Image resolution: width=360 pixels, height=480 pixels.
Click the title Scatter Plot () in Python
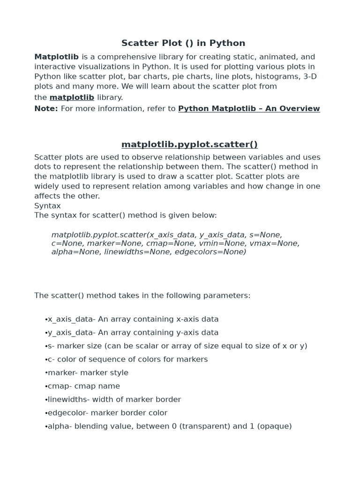[183, 43]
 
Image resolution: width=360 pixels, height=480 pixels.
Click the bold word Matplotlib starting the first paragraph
[56, 57]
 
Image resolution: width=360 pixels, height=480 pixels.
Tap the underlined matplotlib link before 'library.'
[72, 97]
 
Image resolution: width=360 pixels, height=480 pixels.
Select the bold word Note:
[46, 109]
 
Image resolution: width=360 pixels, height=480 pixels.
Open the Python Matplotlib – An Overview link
[249, 109]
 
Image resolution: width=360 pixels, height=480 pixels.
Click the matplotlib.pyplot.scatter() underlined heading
[189, 144]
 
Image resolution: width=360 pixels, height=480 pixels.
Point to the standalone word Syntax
[47, 206]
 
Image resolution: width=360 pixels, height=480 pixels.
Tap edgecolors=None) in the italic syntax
[210, 252]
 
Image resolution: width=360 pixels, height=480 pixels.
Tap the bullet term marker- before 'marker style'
[64, 373]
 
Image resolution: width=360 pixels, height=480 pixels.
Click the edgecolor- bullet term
[68, 413]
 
